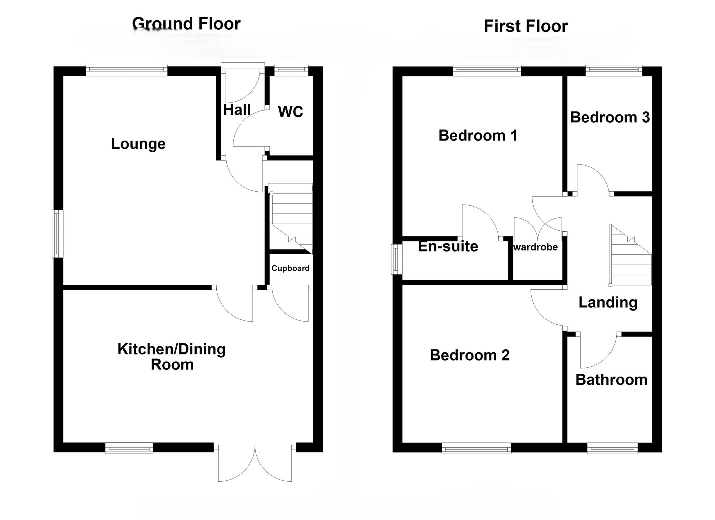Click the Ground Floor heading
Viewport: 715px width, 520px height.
tap(186, 24)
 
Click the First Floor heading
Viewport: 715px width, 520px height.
tap(526, 26)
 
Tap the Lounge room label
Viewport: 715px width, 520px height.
tap(138, 144)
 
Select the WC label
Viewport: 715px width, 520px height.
tap(290, 112)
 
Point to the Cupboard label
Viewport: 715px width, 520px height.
tap(290, 268)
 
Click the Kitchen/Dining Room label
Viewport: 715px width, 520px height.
tap(172, 357)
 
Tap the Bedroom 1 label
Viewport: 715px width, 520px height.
tap(478, 136)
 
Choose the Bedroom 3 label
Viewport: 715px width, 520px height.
tap(610, 117)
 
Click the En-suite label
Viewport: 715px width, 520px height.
tap(448, 246)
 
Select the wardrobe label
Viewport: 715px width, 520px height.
tap(536, 247)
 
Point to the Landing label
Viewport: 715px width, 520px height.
tap(608, 303)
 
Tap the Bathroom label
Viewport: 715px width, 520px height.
tap(611, 380)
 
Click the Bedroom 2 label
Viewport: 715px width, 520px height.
tap(469, 355)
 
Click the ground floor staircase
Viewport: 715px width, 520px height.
tap(290, 218)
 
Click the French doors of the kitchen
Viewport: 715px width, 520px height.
tap(255, 463)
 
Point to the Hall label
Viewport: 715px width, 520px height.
tap(237, 110)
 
